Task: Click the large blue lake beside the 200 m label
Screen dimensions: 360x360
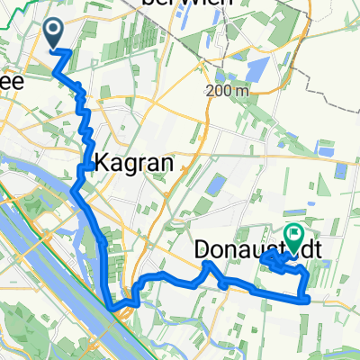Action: coord(257,66)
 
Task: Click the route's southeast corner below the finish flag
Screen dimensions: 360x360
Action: coord(307,298)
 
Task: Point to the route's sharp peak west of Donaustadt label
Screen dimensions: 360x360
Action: coord(207,263)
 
